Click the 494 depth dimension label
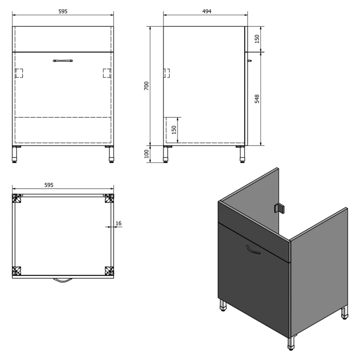pyautogui.click(x=207, y=11)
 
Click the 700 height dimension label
pyautogui.click(x=146, y=86)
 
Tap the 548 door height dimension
pyautogui.click(x=257, y=99)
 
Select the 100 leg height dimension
pyautogui.click(x=146, y=154)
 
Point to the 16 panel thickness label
pyautogui.click(x=119, y=223)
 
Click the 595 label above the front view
pyautogui.click(x=63, y=11)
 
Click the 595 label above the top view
pyautogui.click(x=49, y=185)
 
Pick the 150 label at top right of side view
pyautogui.click(x=257, y=39)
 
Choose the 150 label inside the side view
pyautogui.click(x=174, y=130)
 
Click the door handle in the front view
pyautogui.click(x=63, y=61)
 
